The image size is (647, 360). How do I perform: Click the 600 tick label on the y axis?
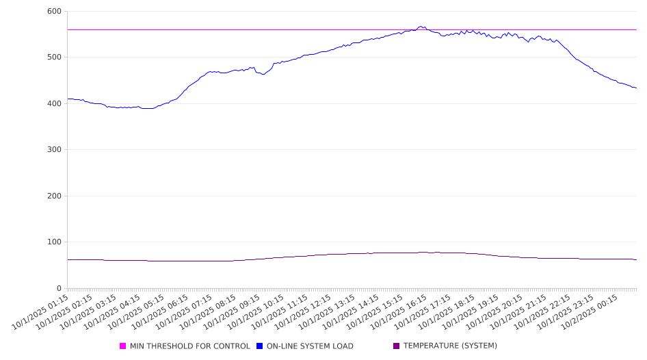pyautogui.click(x=54, y=12)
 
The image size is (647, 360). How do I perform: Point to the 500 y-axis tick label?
pyautogui.click(x=54, y=57)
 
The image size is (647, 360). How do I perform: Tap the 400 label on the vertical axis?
pyautogui.click(x=54, y=103)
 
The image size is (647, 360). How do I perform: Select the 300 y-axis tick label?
pyautogui.click(x=54, y=150)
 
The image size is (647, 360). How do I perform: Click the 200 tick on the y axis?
pyautogui.click(x=54, y=196)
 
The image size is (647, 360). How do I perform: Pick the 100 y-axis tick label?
pyautogui.click(x=54, y=242)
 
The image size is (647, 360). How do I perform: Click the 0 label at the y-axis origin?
pyautogui.click(x=59, y=288)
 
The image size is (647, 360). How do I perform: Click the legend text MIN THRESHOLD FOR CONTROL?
pyautogui.click(x=189, y=346)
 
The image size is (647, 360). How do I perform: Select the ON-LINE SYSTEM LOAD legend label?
pyautogui.click(x=310, y=346)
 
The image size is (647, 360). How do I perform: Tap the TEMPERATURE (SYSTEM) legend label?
pyautogui.click(x=450, y=346)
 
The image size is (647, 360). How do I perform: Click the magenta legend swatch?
pyautogui.click(x=123, y=346)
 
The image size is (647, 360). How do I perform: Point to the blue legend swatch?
pyautogui.click(x=260, y=346)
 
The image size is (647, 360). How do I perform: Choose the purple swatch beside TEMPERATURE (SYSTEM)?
pyautogui.click(x=397, y=346)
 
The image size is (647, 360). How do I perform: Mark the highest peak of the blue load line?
pyautogui.click(x=421, y=27)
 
